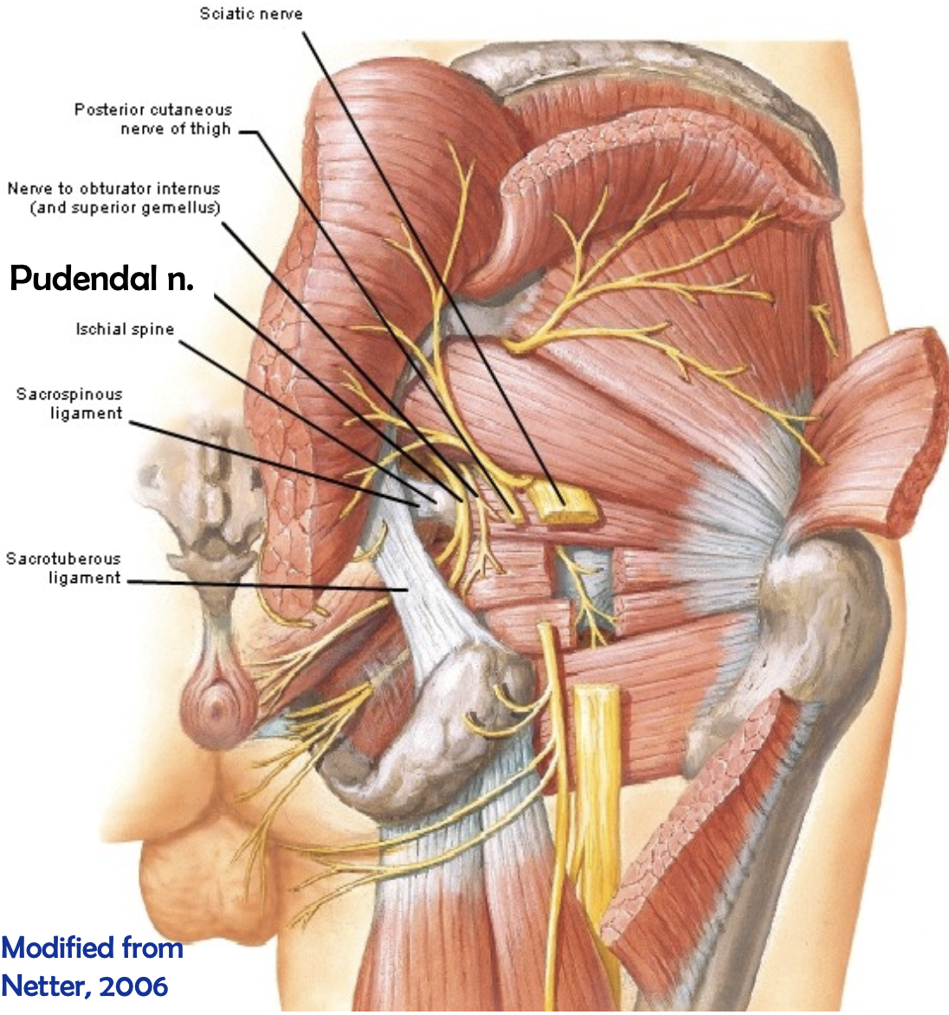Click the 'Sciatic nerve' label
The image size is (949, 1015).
pyautogui.click(x=251, y=14)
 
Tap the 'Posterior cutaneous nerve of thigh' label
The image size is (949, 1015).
pyautogui.click(x=153, y=120)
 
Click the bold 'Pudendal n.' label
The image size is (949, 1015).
pyautogui.click(x=101, y=278)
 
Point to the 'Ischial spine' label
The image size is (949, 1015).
pyautogui.click(x=125, y=330)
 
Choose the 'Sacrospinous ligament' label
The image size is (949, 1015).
pyautogui.click(x=69, y=404)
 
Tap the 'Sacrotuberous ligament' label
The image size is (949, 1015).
pyautogui.click(x=63, y=568)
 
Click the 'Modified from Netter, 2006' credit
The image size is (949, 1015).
pyautogui.click(x=92, y=967)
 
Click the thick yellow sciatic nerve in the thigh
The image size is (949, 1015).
pyautogui.click(x=597, y=779)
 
